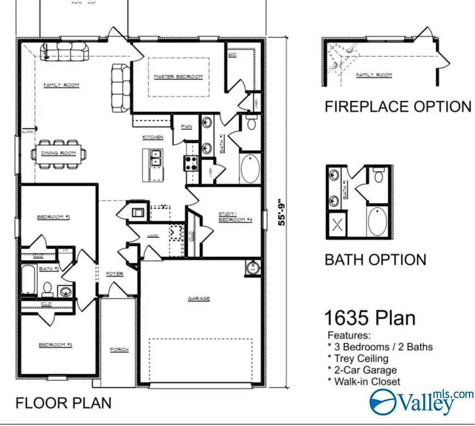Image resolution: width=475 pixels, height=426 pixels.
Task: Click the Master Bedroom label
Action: coord(178,76)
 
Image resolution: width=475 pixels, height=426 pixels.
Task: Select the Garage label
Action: coord(199,299)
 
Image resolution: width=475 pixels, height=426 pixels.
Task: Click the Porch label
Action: coord(119,350)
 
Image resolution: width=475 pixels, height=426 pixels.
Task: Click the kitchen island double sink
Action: coord(155,158)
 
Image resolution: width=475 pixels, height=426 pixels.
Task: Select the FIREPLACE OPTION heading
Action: coord(398,106)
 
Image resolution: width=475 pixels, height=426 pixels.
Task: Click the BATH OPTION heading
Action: coord(375,259)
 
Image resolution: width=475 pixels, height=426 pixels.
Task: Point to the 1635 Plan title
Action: coord(370,318)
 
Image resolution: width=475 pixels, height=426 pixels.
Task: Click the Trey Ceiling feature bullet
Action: coord(358,358)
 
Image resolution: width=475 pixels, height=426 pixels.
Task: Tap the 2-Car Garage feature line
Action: coord(362,370)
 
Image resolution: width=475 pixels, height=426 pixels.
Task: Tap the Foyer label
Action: coord(115,274)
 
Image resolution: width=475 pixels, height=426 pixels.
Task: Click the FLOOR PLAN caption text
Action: coord(63,403)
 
